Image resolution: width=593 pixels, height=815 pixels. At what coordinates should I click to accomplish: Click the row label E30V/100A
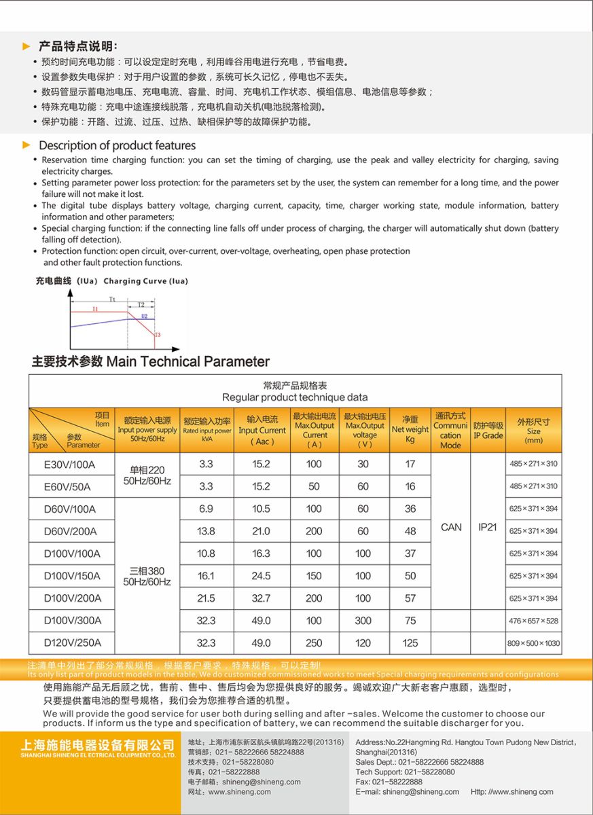pyautogui.click(x=70, y=465)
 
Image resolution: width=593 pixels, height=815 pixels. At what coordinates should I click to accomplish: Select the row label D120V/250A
pyautogui.click(x=73, y=642)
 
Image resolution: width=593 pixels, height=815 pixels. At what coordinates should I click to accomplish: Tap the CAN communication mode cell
pyautogui.click(x=451, y=527)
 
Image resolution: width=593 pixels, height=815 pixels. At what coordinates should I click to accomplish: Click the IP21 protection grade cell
pyautogui.click(x=488, y=527)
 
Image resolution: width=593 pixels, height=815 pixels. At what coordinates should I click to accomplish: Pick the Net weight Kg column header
pyautogui.click(x=410, y=430)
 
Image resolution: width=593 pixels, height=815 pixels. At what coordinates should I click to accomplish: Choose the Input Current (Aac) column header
pyautogui.click(x=262, y=431)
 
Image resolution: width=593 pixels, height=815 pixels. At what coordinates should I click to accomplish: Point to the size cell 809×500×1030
pyautogui.click(x=534, y=643)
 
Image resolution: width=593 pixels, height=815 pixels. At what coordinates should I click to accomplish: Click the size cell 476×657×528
pyautogui.click(x=534, y=621)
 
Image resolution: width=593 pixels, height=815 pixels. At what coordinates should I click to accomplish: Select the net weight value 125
pyautogui.click(x=410, y=642)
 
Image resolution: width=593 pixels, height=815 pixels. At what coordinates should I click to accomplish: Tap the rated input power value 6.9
pyautogui.click(x=206, y=509)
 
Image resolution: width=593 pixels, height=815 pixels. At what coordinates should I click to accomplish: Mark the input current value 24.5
pyautogui.click(x=262, y=576)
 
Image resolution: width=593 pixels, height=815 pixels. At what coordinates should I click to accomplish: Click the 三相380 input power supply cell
pyautogui.click(x=147, y=576)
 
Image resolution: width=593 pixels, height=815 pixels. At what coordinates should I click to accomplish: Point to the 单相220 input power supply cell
pyautogui.click(x=147, y=475)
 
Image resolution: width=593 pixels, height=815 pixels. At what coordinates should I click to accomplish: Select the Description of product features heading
pyautogui.click(x=117, y=145)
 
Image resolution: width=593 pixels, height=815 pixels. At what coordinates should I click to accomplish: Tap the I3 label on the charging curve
pyautogui.click(x=158, y=335)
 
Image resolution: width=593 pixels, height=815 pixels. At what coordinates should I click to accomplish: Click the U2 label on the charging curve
pyautogui.click(x=144, y=316)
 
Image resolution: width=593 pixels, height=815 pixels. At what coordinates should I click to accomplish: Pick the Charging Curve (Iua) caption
pyautogui.click(x=145, y=281)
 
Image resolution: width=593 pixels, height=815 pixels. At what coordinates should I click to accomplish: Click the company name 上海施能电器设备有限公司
pyautogui.click(x=88, y=744)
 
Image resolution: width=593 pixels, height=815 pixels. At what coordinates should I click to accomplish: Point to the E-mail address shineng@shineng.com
pyautogui.click(x=420, y=791)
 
